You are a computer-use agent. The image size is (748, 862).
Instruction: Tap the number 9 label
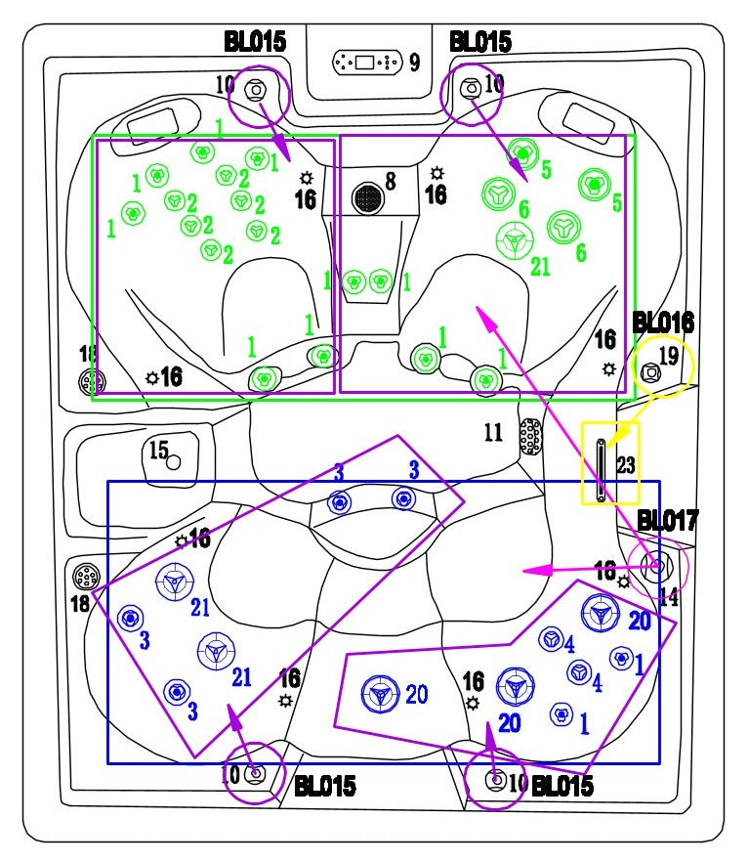[415, 64]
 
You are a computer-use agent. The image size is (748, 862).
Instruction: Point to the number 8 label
[391, 181]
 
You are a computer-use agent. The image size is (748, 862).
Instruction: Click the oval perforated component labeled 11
[530, 437]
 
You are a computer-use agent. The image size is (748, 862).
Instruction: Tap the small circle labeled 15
[174, 462]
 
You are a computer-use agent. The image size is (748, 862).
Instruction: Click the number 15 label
[158, 450]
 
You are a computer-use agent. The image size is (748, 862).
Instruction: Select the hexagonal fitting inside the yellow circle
[649, 371]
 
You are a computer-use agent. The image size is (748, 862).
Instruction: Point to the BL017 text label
[668, 520]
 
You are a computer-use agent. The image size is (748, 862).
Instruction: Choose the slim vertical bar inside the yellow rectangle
[602, 471]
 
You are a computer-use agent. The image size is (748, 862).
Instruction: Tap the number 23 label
[625, 465]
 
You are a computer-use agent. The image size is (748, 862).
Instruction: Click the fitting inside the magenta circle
[655, 564]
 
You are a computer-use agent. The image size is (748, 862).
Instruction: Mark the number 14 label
[668, 597]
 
